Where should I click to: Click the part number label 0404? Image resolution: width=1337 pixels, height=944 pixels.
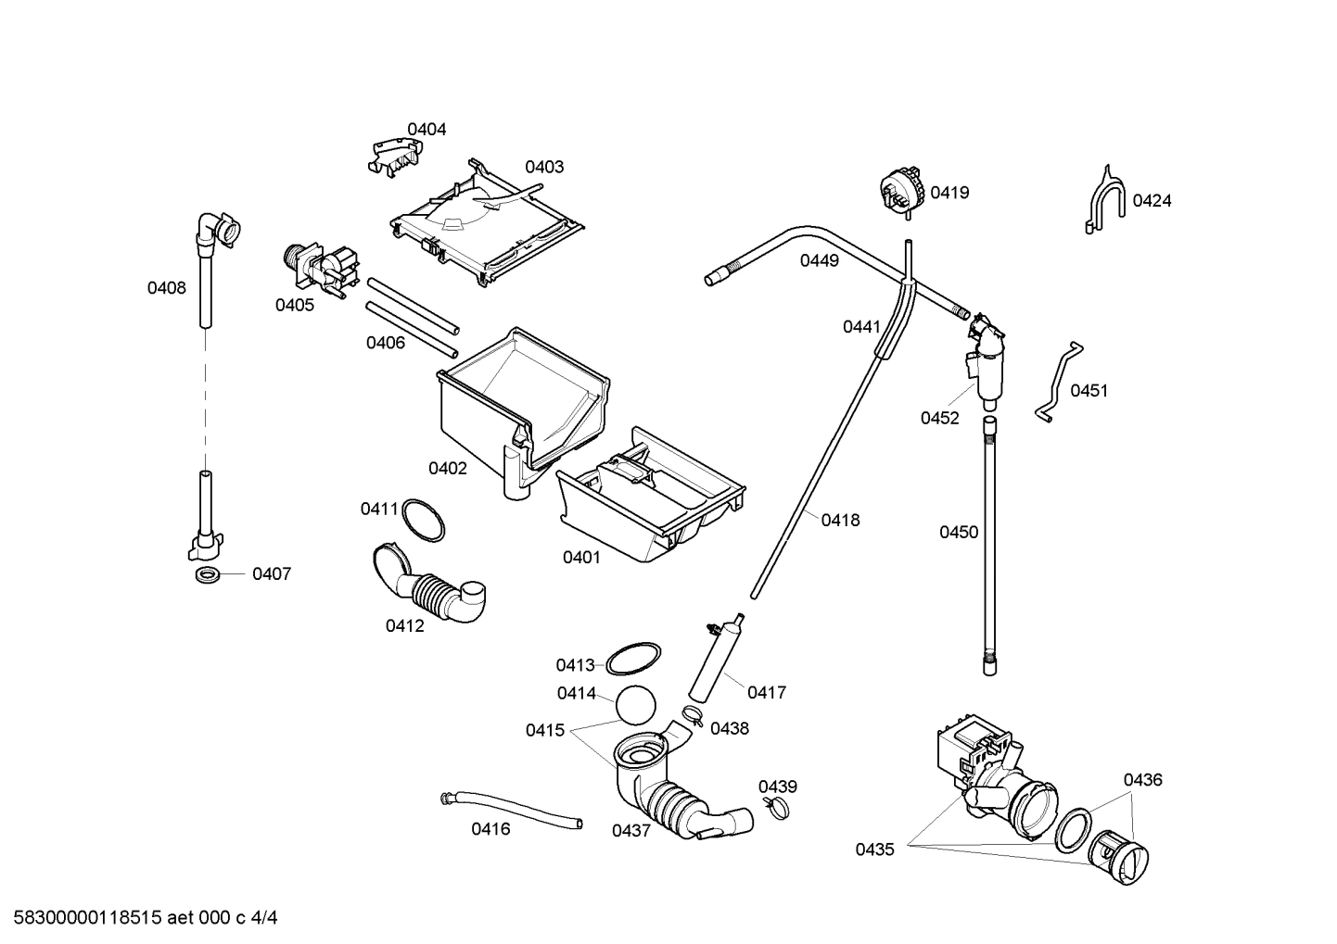427,129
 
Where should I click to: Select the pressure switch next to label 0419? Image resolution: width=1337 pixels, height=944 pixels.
903,190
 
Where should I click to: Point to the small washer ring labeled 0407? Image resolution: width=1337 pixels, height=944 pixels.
209,575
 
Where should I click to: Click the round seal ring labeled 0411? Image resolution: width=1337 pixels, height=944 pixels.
424,520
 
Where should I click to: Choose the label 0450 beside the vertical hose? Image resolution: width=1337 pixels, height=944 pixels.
959,532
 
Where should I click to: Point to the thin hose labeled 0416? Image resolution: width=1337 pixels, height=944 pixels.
510,808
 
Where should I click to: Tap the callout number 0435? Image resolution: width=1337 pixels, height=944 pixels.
874,849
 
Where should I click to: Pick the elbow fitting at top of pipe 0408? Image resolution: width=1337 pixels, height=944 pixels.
217,228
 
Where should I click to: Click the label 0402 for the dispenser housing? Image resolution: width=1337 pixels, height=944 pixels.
447,468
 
